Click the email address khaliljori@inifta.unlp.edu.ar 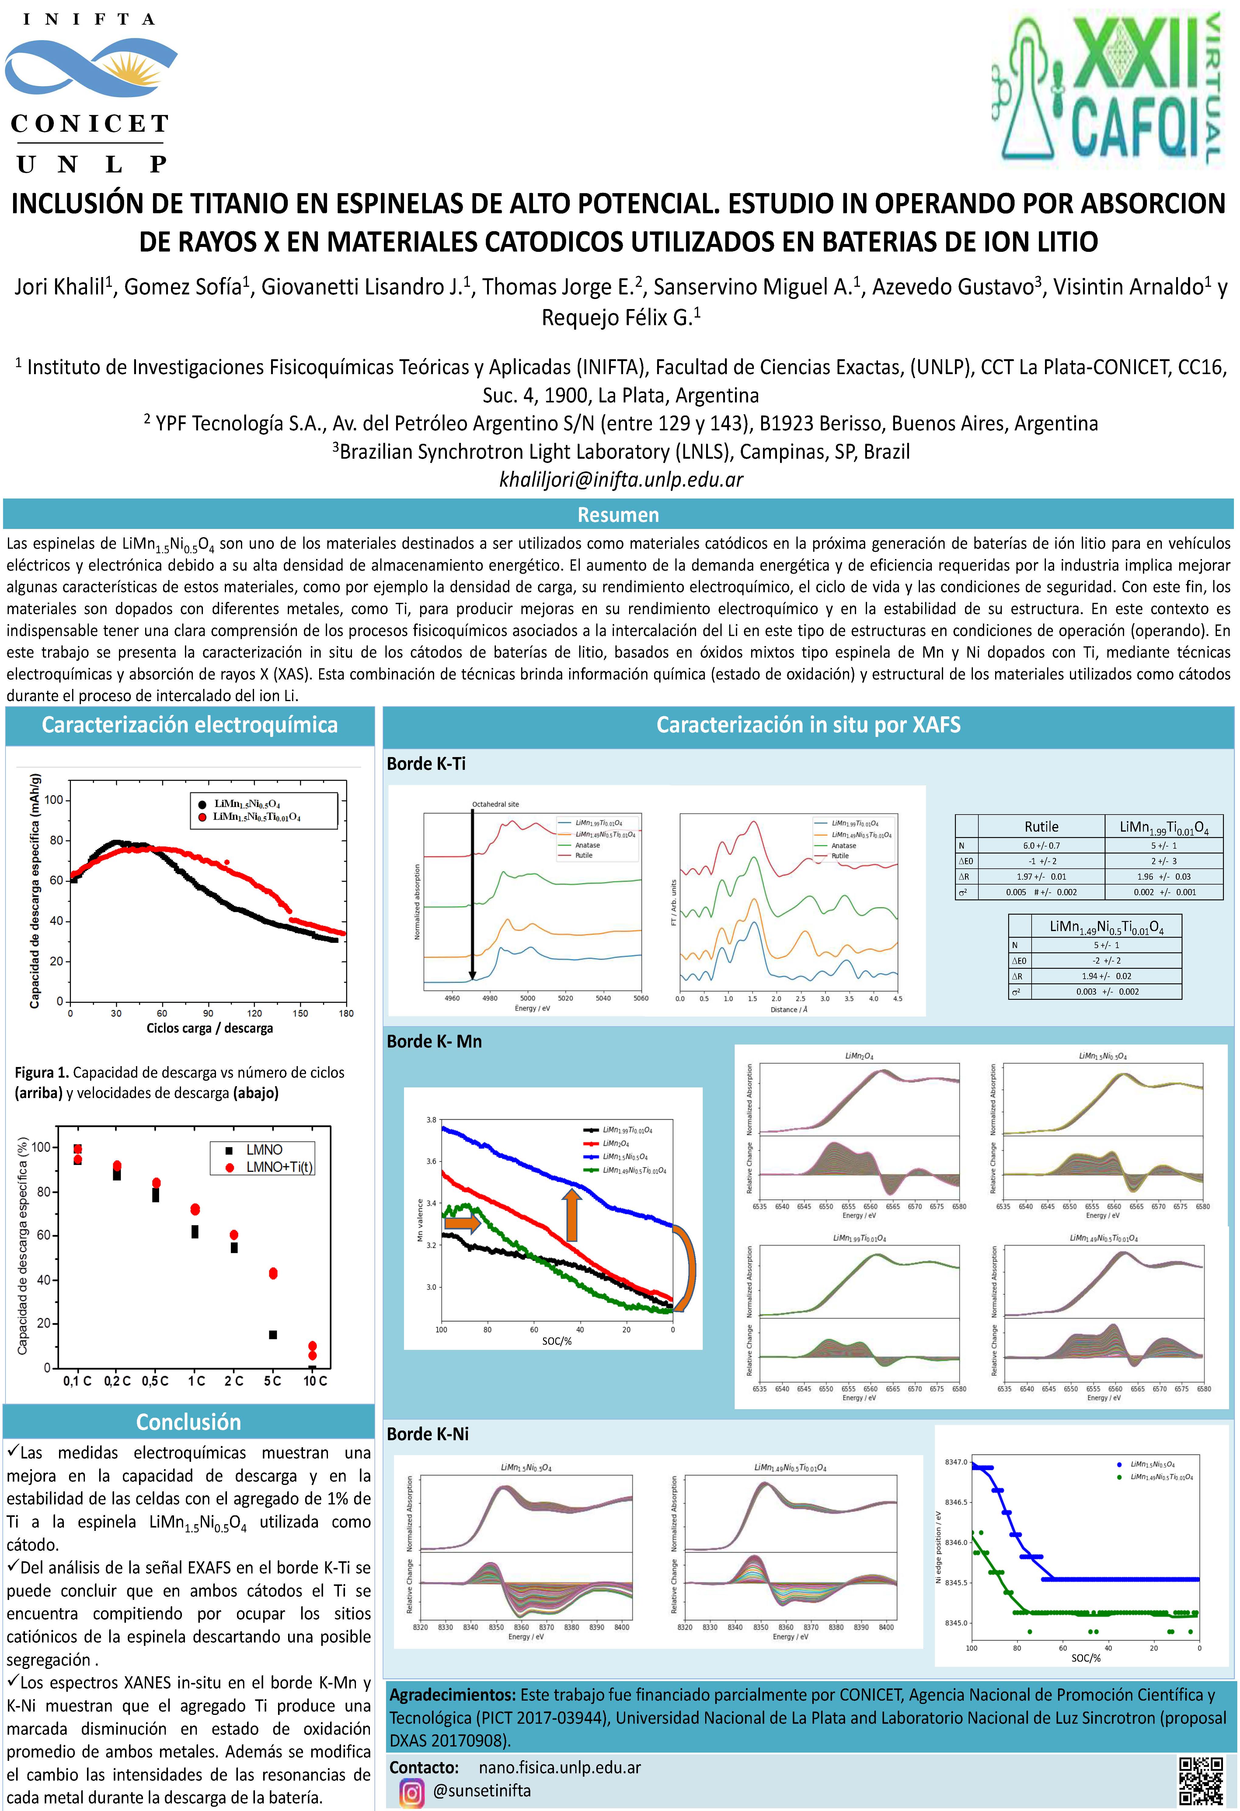pyautogui.click(x=620, y=479)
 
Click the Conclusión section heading pyautogui.click(x=189, y=1422)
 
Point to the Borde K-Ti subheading pyautogui.click(x=426, y=764)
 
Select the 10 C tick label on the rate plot pyautogui.click(x=315, y=1381)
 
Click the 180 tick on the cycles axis pyautogui.click(x=346, y=1013)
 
